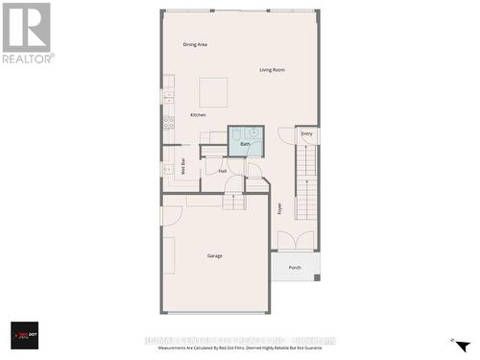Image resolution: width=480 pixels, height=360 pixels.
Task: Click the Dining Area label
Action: point(196,45)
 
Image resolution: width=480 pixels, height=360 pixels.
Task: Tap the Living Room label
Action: point(272,70)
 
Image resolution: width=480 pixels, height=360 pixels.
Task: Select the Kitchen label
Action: point(198,115)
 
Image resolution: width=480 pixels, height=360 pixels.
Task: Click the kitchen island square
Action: point(213,92)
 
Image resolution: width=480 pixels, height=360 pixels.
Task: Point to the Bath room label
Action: point(245,144)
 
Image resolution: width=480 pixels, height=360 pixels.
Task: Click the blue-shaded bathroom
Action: point(245,140)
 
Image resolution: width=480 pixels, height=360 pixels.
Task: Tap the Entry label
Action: point(306,134)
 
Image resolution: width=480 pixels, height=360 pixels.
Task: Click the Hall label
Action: point(223,171)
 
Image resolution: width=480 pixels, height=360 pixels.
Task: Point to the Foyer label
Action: point(280,207)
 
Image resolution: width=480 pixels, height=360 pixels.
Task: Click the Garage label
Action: point(215,255)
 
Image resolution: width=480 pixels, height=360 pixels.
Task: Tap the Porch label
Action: point(295,268)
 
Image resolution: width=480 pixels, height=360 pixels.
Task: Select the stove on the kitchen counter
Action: point(168,122)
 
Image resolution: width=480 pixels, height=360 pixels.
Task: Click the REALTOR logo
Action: point(27,33)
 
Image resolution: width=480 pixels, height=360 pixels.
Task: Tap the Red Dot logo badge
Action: point(24,335)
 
